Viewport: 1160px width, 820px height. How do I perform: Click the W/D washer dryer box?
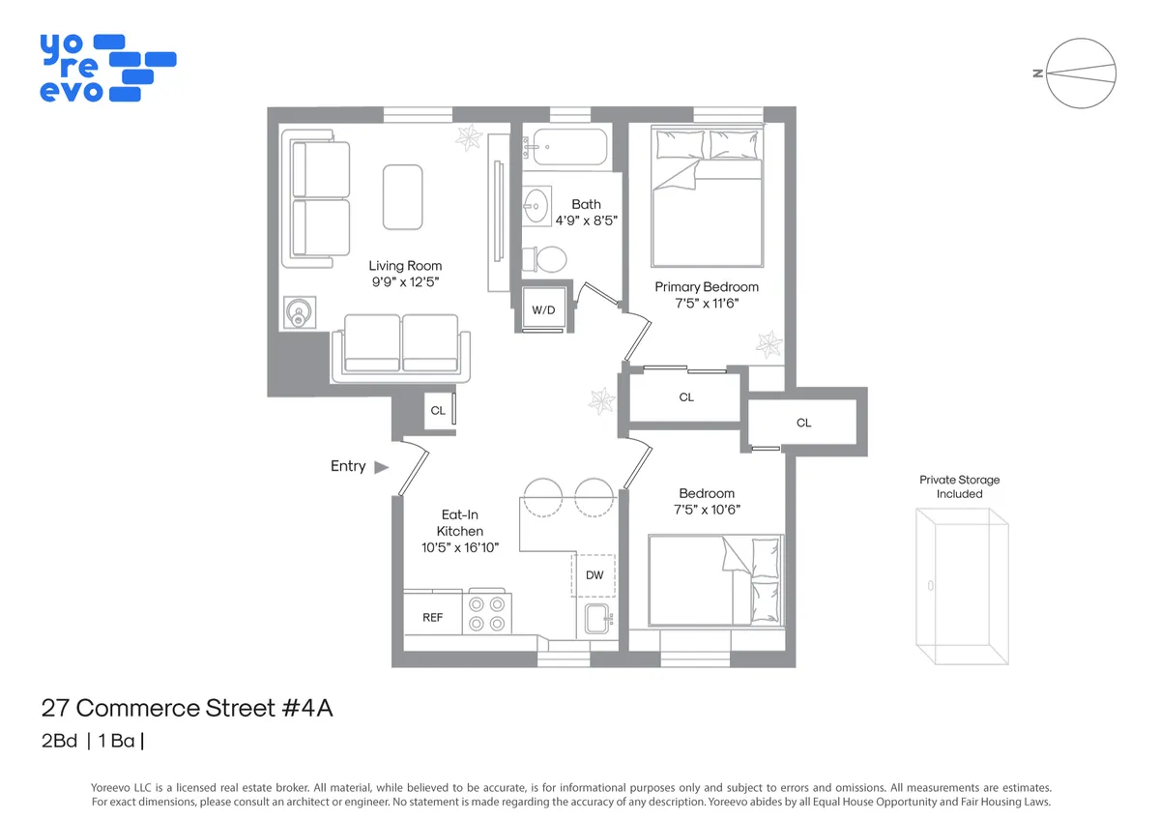[x=543, y=309]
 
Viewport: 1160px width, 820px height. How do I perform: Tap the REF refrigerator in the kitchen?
[x=432, y=616]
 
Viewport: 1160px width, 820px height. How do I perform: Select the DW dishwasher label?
[x=594, y=575]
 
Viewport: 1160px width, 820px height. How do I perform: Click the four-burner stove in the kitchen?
[x=487, y=613]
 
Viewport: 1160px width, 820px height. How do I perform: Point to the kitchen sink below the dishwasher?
[x=596, y=619]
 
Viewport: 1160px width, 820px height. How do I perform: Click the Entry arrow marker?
[x=381, y=467]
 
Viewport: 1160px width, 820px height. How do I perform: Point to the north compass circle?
[x=1082, y=73]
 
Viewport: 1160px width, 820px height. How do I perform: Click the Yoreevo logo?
[x=107, y=68]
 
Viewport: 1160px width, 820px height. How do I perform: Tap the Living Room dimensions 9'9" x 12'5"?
[x=405, y=283]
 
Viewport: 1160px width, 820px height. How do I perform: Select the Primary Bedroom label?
[x=707, y=286]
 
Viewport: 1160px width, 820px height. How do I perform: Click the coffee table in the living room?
[x=403, y=196]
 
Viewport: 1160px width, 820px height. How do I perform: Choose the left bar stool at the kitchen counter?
[x=542, y=497]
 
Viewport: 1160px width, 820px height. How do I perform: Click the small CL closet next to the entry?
[x=438, y=411]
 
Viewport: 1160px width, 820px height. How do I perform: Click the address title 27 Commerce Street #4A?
[x=187, y=708]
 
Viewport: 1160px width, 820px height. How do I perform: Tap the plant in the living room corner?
[x=471, y=137]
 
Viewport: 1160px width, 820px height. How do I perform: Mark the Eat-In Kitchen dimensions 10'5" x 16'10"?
[x=460, y=547]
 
